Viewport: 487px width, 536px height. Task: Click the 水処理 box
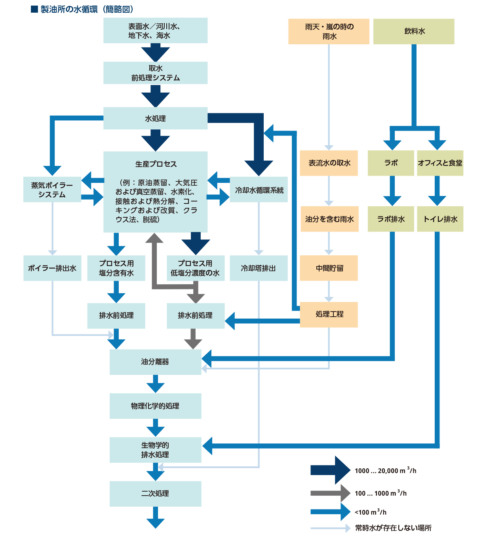coord(155,118)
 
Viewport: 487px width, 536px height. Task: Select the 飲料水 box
coord(414,31)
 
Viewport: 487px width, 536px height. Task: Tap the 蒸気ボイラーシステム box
coord(52,190)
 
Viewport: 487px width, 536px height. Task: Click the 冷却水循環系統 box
coord(259,190)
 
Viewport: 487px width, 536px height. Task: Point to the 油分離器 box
coord(155,362)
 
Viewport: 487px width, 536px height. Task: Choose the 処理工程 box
coord(329,314)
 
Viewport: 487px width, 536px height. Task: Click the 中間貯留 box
coord(329,268)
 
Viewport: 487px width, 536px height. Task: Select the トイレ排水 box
coord(440,219)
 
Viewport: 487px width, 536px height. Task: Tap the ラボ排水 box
coord(391,219)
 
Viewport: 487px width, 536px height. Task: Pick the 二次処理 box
coord(155,494)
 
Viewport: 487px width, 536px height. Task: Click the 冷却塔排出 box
coord(259,268)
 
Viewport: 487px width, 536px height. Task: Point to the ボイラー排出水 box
coord(52,268)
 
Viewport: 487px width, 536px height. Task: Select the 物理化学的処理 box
coord(155,406)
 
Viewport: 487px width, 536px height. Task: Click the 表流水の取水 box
coord(329,163)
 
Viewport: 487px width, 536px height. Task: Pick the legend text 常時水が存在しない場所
coord(393,528)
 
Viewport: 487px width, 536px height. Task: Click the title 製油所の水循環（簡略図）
coord(87,9)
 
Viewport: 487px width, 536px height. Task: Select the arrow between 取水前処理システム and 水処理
coord(155,95)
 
